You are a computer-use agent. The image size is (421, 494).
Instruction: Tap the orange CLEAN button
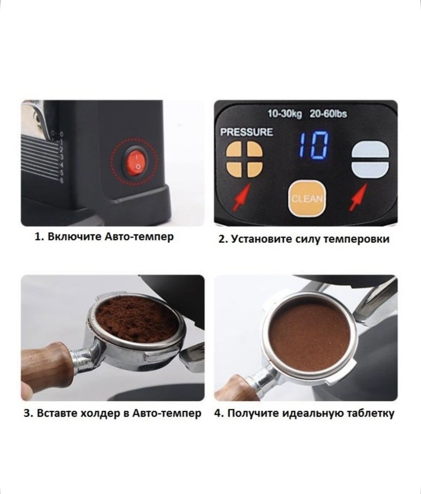307,198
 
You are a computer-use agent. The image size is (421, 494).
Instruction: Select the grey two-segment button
370,159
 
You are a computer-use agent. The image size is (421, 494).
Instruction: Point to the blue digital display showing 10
314,146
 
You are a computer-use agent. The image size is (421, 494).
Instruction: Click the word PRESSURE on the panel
246,132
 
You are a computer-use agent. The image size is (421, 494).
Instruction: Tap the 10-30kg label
285,114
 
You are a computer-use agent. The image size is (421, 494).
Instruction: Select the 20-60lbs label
328,114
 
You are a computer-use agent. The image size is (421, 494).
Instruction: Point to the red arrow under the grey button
358,197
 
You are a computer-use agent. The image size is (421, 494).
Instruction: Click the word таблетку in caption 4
370,413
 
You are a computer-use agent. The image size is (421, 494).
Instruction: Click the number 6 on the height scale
62,181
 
